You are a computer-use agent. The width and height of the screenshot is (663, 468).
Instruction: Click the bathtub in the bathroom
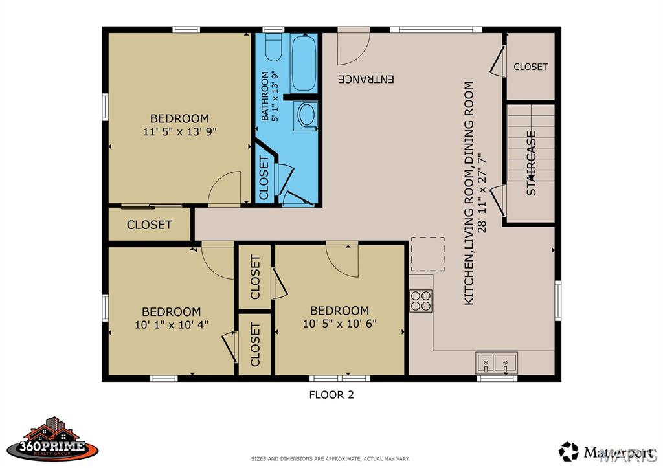click(x=304, y=63)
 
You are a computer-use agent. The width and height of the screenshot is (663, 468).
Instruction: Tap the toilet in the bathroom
click(x=274, y=47)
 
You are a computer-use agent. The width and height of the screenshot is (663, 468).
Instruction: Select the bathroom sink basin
click(x=306, y=114)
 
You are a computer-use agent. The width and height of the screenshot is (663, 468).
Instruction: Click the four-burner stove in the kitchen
click(x=421, y=300)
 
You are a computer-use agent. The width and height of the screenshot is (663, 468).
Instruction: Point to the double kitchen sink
click(x=497, y=362)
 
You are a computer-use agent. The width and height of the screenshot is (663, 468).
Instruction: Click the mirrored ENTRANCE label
click(x=366, y=79)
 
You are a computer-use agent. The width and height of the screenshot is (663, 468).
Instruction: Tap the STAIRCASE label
click(x=531, y=163)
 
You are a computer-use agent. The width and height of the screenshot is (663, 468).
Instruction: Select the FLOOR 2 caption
click(x=331, y=395)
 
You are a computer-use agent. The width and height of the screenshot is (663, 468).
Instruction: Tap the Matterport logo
click(x=606, y=452)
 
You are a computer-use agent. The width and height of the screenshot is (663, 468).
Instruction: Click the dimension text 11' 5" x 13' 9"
click(x=180, y=132)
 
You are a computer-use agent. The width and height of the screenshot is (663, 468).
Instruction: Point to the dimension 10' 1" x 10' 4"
click(x=171, y=325)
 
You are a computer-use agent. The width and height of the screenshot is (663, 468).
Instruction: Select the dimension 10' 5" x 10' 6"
click(x=339, y=324)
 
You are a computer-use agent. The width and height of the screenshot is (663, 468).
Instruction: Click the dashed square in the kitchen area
click(x=428, y=254)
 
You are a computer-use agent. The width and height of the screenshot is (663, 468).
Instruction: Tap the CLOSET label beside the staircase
click(x=530, y=67)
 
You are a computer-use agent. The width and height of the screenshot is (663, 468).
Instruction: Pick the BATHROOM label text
click(x=265, y=96)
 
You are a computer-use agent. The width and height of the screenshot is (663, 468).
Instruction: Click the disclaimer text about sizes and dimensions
click(x=330, y=459)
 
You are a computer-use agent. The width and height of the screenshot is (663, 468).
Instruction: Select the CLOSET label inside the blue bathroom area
click(x=264, y=177)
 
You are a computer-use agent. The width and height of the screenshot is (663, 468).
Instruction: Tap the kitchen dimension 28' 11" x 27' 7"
click(x=482, y=193)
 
